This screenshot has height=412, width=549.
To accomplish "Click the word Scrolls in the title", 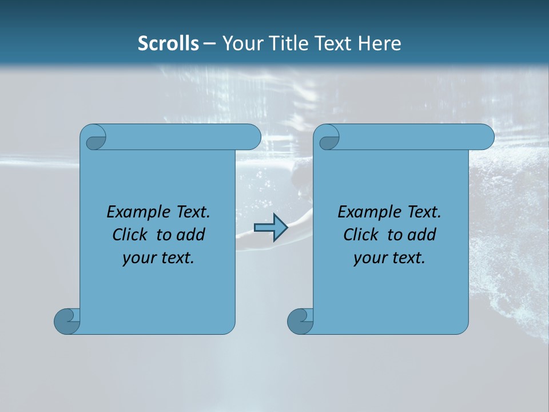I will [x=168, y=43].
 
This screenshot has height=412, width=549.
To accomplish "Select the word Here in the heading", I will [x=380, y=43].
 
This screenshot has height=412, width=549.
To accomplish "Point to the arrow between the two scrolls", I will [x=270, y=228].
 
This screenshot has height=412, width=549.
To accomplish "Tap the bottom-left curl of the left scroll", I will [x=66, y=320].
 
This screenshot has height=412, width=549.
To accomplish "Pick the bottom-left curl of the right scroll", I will [x=300, y=320].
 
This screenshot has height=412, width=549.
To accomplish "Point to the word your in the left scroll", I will [x=138, y=259].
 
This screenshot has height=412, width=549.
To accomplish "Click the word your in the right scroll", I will [x=369, y=259].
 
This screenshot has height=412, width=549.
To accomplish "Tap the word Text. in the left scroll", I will [x=190, y=212].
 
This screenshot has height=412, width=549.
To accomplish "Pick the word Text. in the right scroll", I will [x=421, y=212].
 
